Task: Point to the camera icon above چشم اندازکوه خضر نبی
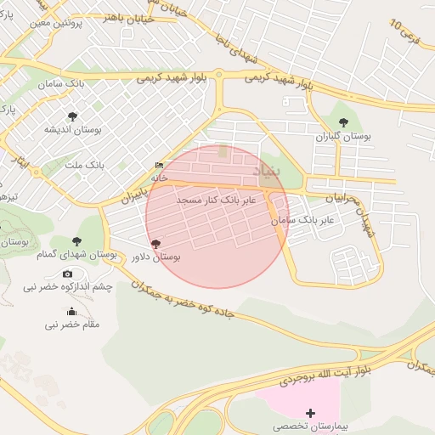pos(68,274)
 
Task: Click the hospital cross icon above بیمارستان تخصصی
pos(309,412)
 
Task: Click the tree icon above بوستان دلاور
pos(155,243)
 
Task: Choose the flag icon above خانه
pos(159,166)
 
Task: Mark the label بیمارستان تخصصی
pos(309,426)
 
